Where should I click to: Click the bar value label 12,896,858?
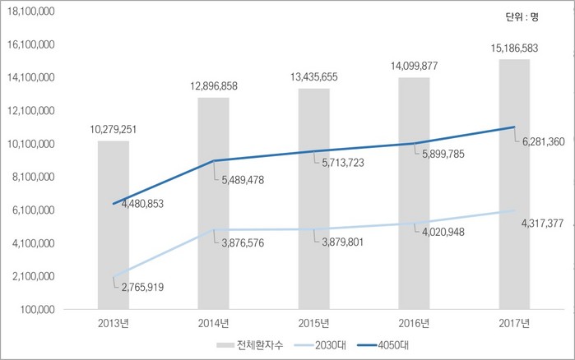213,86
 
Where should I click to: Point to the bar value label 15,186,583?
514,48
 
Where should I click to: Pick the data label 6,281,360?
543,142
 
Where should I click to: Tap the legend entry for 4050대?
387,344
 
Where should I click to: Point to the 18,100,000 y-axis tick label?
31,12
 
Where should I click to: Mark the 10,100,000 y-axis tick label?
31,144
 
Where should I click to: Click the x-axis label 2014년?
213,322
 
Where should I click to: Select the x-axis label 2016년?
414,322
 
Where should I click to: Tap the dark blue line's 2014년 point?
213,161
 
